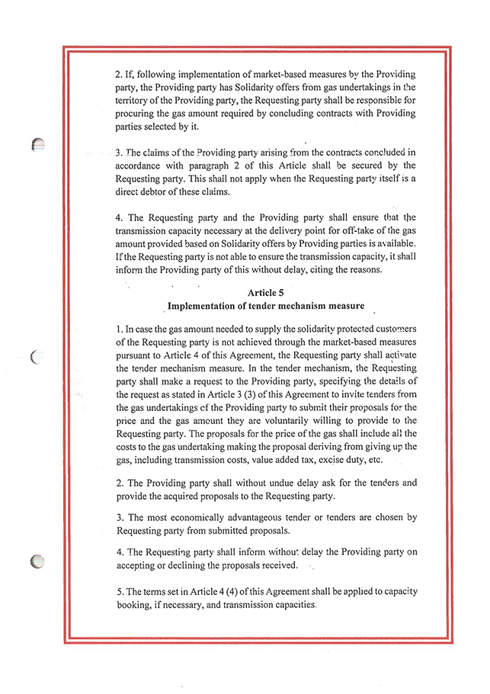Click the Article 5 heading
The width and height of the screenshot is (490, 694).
266,292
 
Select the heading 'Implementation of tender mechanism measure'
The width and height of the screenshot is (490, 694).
265,306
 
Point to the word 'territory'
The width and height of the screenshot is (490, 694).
135,100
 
